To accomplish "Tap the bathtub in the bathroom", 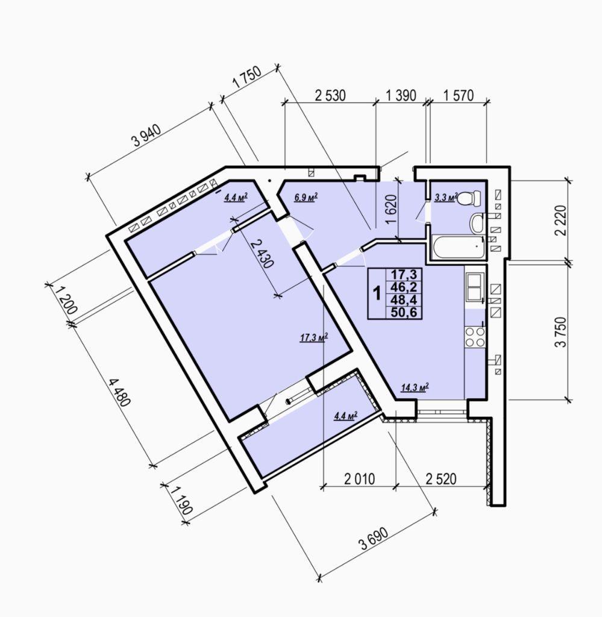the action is pos(459,248).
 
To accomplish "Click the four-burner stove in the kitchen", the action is pos(475,337).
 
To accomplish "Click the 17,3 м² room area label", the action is pos(314,337).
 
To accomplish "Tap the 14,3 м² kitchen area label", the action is pos(415,387).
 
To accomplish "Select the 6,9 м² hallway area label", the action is pos(306,197).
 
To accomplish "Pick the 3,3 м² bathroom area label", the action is pos(446,197).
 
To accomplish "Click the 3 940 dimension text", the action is pos(146,136).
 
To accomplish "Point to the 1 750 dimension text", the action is pos(247,77).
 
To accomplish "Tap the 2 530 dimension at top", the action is pos(330,96).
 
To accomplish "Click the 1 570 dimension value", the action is pos(459,95).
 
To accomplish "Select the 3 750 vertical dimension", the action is pos(560,332).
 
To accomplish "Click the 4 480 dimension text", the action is pos(119,392).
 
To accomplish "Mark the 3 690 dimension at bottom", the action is pos(374,539).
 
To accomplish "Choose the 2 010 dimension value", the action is pos(360,479).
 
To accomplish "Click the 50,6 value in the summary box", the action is pos(404,313).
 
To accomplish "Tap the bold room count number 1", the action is pos(377,293).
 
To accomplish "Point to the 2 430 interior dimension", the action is pos(262,254).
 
